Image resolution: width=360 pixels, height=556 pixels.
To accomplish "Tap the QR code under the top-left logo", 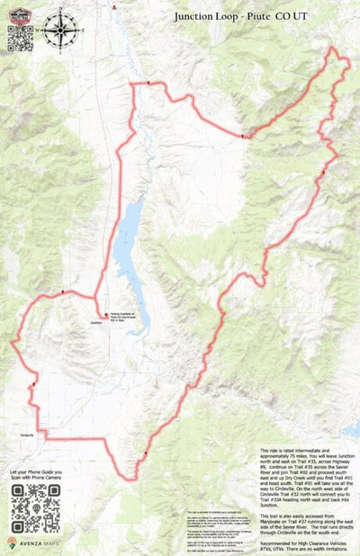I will (20, 39).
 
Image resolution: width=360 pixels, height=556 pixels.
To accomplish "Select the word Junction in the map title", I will (199, 15).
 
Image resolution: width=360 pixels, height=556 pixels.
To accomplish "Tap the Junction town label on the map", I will (97, 322).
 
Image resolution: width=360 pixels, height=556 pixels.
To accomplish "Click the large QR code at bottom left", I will (36, 507).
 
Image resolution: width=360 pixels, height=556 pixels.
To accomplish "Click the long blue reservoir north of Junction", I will (129, 243).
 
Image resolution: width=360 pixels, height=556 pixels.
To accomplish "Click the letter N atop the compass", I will (60, 11).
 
